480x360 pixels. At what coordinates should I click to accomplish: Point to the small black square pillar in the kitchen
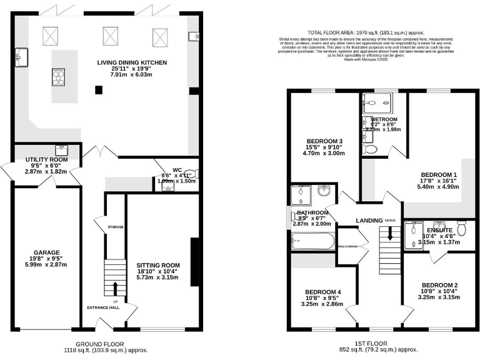(99, 90)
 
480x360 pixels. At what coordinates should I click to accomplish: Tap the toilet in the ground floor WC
(189, 177)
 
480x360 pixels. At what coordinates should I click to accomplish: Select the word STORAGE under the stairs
(116, 227)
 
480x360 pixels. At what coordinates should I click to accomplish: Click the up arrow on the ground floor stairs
(115, 288)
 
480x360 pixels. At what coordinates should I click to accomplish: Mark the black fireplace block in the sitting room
(194, 262)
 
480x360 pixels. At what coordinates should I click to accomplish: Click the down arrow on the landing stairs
(389, 234)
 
